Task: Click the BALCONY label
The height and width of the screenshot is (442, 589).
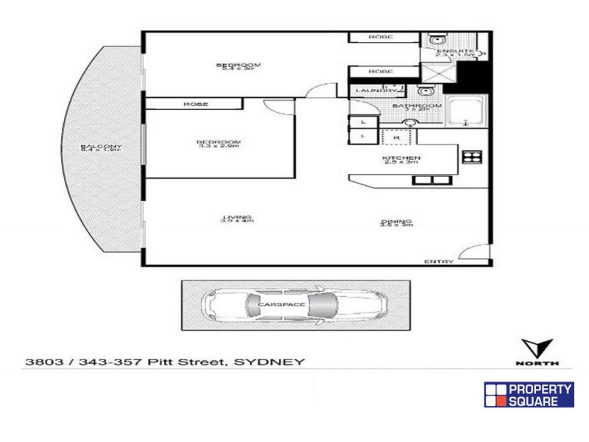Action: pos(102,147)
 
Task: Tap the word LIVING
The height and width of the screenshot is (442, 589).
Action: pos(237,217)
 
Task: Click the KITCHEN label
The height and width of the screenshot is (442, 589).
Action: pos(401,158)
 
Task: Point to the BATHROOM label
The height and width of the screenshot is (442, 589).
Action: pos(417,106)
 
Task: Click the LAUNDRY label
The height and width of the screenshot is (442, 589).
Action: pos(370,91)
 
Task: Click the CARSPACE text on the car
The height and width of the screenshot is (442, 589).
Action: pos(276,304)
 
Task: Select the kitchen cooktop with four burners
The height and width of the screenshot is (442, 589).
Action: pos(470,155)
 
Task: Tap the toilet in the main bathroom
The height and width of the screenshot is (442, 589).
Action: pos(425,91)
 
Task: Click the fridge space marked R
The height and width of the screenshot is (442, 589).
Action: pos(396,137)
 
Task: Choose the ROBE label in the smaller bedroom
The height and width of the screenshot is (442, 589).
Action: pos(195,105)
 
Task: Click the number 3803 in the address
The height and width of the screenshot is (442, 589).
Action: pos(41,362)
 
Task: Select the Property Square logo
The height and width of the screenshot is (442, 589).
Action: pos(529,395)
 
